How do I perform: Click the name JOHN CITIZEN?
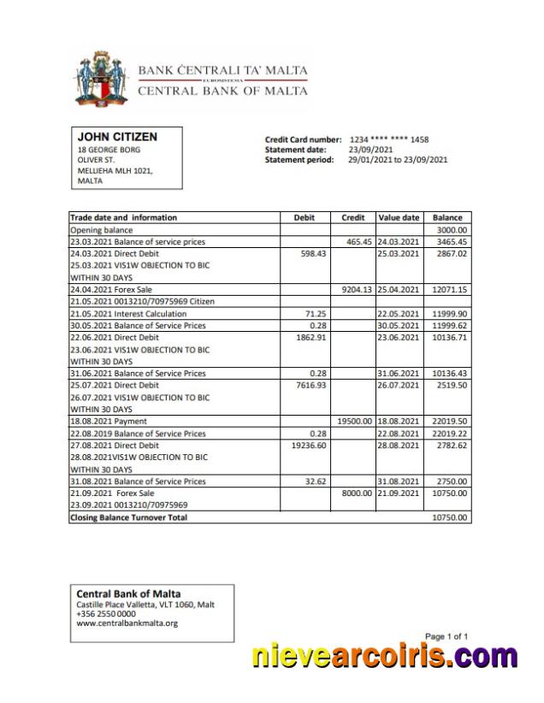[117, 137]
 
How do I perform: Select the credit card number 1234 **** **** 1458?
[389, 139]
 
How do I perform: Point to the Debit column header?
[305, 218]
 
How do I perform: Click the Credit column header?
[352, 218]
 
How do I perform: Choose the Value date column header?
[399, 218]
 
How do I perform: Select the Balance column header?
[447, 218]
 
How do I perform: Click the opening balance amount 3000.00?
[452, 230]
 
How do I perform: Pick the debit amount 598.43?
[314, 254]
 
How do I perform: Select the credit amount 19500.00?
[354, 422]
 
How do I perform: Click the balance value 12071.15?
[449, 290]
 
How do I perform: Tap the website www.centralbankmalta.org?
[127, 623]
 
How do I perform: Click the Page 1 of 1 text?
[446, 636]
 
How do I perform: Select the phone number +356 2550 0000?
[106, 614]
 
